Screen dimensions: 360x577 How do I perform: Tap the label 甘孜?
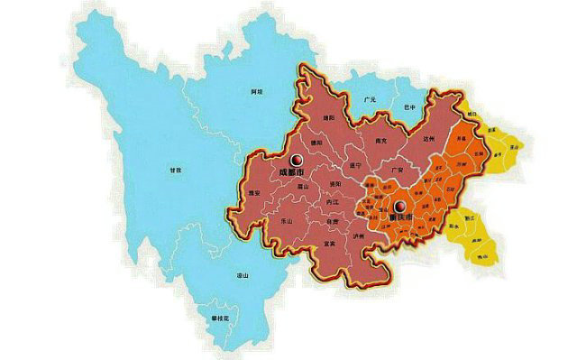click(176, 169)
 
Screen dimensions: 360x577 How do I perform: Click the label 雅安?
click(253, 192)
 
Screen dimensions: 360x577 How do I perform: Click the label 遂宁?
click(352, 166)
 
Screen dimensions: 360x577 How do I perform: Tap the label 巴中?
click(412, 106)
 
